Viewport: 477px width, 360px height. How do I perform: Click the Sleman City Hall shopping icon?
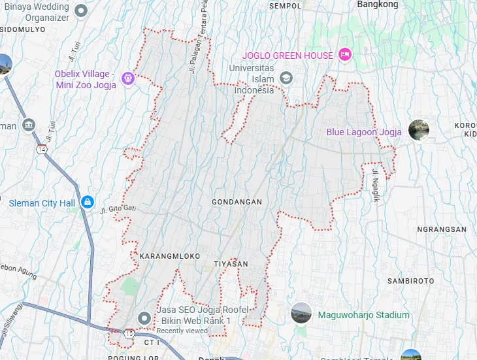point(86,203)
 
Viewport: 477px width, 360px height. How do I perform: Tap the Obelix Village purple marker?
point(128,79)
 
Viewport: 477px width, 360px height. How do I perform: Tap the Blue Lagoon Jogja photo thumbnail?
point(419,131)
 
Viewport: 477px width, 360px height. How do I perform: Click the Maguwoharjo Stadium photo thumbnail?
point(301,314)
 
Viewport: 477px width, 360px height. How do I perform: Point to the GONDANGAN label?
point(237,203)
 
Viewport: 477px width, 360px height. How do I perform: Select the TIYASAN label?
point(231,264)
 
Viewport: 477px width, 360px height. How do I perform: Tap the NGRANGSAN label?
point(442,230)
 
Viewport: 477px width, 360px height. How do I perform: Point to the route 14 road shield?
point(42,150)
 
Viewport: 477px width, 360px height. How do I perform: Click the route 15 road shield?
point(129,334)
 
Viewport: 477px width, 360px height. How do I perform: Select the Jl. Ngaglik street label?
point(376,186)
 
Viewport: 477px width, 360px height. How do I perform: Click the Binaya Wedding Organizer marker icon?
point(81,10)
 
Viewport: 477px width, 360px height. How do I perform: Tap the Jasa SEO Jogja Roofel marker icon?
point(144,318)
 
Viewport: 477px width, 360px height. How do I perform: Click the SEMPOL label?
point(286,6)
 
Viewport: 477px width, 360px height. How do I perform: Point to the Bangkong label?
point(378,5)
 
